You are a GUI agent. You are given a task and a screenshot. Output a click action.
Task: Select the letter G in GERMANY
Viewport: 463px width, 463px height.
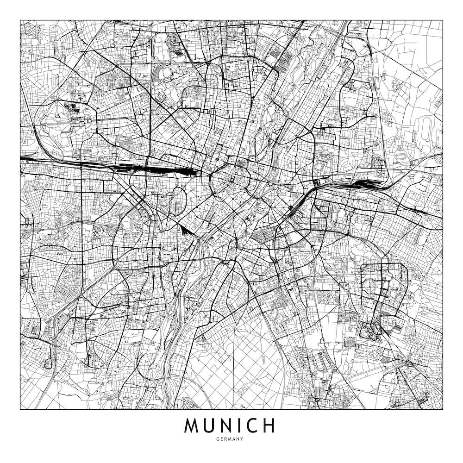click(x=218, y=439)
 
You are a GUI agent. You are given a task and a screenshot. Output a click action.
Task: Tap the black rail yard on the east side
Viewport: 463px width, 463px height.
click(x=366, y=184)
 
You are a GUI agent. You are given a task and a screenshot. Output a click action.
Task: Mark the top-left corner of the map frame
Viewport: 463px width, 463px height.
click(x=20, y=20)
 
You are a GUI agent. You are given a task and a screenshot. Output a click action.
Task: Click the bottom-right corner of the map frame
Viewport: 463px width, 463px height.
click(x=443, y=410)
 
